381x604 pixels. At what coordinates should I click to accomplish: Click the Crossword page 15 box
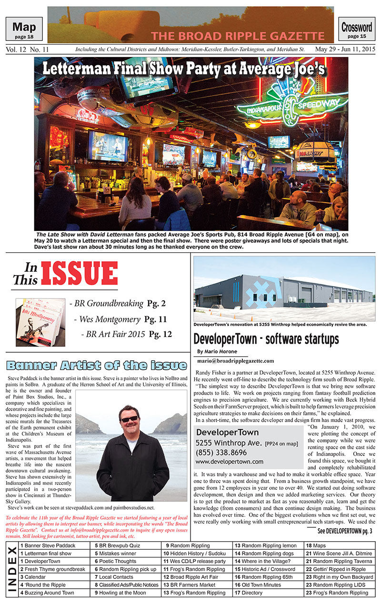point(357,29)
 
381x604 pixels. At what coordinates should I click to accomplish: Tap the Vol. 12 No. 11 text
point(28,50)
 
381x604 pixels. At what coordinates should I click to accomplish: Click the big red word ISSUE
point(79,274)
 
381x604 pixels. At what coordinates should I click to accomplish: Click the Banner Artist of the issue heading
point(97,366)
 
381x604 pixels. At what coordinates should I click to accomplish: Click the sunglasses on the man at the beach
point(129,419)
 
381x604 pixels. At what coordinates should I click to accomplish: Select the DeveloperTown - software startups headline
point(266,339)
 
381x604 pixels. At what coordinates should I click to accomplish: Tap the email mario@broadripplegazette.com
point(235,361)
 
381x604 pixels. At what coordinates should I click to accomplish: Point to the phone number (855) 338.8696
point(221,453)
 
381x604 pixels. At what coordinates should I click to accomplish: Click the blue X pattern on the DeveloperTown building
point(260,291)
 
